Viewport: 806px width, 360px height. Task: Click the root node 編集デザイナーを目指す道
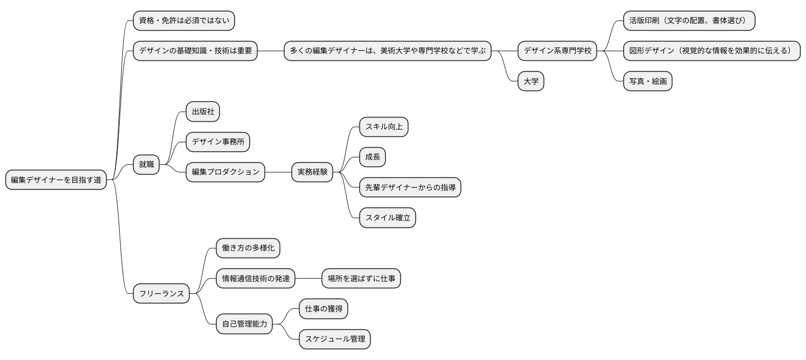(x=56, y=180)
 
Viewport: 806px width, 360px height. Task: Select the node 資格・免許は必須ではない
(x=184, y=20)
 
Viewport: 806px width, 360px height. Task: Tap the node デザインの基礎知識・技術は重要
(x=195, y=51)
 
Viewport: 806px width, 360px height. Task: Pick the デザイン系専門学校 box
(x=558, y=51)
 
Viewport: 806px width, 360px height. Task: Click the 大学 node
(x=531, y=81)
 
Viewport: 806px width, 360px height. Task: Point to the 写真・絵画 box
(x=648, y=81)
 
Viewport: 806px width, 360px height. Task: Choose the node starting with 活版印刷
(x=689, y=20)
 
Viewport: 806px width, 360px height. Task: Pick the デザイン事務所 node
(x=218, y=142)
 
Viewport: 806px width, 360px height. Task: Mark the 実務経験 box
(x=312, y=172)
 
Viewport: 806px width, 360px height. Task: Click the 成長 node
(x=373, y=157)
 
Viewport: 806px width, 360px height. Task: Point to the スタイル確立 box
(x=387, y=218)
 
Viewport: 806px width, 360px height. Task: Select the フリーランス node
(x=162, y=294)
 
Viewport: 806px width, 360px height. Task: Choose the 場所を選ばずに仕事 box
(x=361, y=279)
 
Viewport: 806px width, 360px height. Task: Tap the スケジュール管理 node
(x=335, y=340)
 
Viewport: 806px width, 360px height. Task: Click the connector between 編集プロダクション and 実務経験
(x=278, y=172)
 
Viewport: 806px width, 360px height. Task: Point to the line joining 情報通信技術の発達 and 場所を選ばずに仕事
(x=308, y=279)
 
